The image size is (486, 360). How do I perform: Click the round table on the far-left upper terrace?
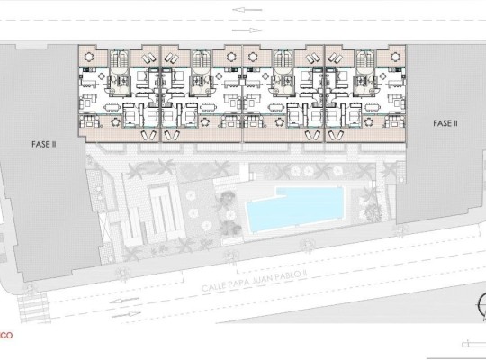click(89, 56)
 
